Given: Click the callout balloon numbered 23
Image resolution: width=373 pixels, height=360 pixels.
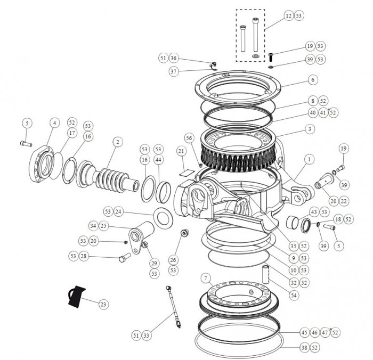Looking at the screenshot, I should [x=103, y=304].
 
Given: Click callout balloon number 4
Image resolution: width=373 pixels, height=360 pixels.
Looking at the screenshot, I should [x=53, y=122].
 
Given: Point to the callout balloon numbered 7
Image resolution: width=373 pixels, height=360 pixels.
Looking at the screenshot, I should [x=206, y=277].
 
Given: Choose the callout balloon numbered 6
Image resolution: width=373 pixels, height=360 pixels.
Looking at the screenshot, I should [x=313, y=79].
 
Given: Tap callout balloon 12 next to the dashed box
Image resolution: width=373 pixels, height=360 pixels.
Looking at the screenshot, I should [x=288, y=16].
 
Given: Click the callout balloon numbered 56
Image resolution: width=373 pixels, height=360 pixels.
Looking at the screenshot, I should [x=188, y=137].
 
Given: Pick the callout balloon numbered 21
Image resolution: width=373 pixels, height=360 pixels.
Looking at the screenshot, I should [x=181, y=152].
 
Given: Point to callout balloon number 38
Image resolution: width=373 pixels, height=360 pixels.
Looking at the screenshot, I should [x=304, y=347].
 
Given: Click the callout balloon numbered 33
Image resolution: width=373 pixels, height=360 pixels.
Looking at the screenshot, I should [x=146, y=335].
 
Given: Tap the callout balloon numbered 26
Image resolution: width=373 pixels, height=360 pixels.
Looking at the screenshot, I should [x=173, y=260].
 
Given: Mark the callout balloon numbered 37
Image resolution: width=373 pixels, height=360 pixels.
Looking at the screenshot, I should [x=174, y=71].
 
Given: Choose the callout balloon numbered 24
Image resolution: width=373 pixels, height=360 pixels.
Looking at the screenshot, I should [x=118, y=212].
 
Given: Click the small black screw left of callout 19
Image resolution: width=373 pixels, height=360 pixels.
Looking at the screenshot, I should [x=271, y=55].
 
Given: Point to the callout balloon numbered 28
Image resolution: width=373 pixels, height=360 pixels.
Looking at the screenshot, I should [x=99, y=257].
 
